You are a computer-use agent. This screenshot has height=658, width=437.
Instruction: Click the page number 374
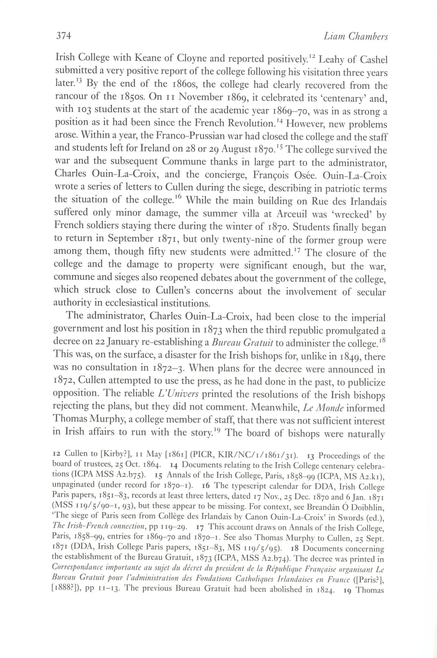[x=63, y=36]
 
